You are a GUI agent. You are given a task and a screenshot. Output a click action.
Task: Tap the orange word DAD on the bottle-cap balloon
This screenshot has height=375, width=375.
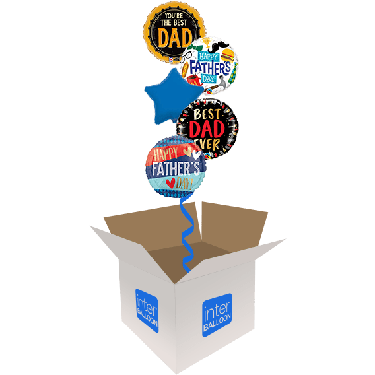pos(176,38)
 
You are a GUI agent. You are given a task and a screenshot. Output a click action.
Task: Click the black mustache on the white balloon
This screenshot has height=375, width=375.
pos(218,47)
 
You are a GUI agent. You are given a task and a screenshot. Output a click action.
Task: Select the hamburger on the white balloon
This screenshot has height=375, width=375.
pos(227,55)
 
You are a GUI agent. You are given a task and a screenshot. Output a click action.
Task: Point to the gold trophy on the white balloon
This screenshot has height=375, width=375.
pos(205,43)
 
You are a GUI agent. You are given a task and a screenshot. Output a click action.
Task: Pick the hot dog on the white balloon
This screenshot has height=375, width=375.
pos(185,69)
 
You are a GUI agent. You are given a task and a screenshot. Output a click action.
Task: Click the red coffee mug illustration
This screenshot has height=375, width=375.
pos(194,80)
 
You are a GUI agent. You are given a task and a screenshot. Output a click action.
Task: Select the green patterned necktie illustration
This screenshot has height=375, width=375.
pos(232,73)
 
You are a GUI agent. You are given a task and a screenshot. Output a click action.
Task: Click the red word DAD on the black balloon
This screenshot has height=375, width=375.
pos(207,129)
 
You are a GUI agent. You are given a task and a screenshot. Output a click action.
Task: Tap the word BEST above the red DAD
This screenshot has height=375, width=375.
pos(207,114)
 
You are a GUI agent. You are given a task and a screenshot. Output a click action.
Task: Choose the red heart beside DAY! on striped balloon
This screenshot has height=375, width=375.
pos(170,184)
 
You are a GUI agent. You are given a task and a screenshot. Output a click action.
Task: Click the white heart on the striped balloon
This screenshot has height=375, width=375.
pos(196,154)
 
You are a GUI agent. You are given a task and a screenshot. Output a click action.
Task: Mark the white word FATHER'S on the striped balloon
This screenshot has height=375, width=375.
pos(176,168)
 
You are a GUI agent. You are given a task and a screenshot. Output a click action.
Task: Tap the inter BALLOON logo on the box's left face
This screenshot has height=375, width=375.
pos(147,311)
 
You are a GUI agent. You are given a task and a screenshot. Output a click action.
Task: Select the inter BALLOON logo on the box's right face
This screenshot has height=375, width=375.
pos(217,315)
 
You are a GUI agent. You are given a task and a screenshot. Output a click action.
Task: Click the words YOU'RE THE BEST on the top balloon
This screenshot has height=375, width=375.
pos(174,20)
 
